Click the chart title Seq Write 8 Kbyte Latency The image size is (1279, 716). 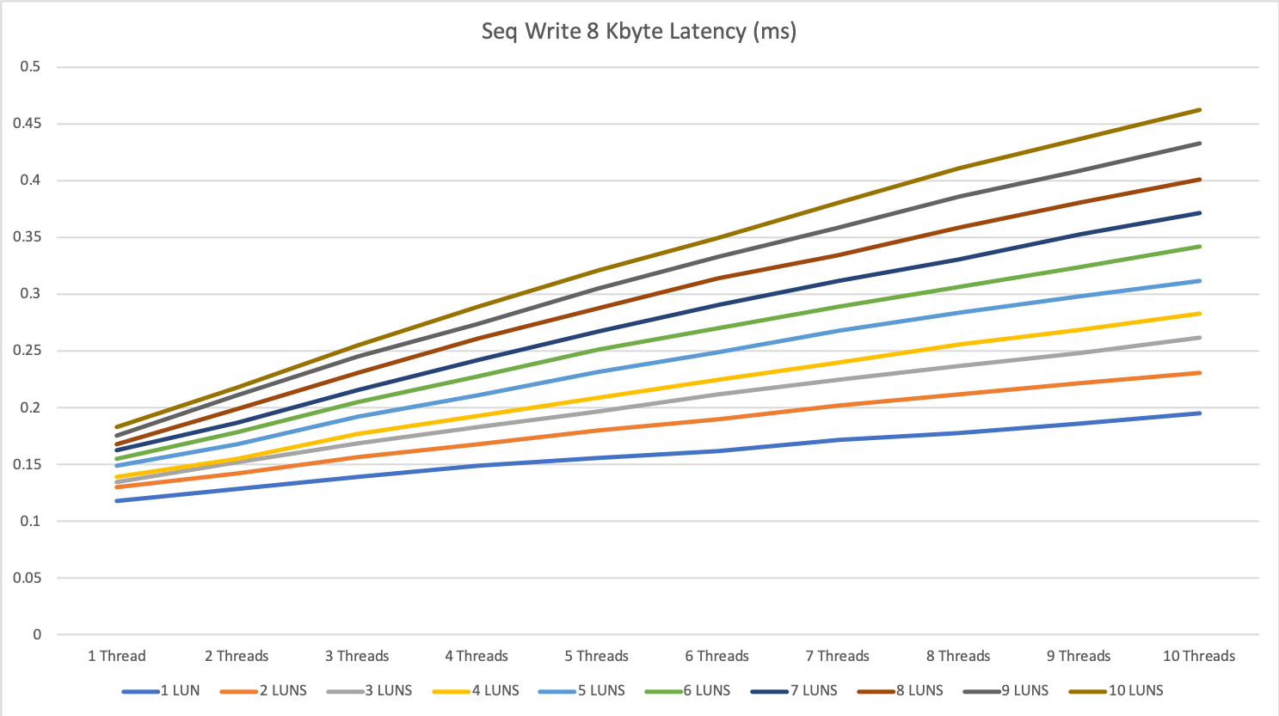tap(638, 32)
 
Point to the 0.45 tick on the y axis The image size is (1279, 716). tap(27, 124)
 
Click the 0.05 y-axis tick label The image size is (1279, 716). tap(27, 578)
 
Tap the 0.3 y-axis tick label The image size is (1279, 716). tap(30, 294)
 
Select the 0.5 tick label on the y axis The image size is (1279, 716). tap(30, 67)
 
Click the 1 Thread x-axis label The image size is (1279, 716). tap(117, 656)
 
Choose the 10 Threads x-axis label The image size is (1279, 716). tap(1199, 656)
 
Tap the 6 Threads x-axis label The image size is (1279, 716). tap(717, 656)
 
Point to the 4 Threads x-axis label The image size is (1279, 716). tap(477, 656)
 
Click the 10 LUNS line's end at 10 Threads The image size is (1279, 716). tap(1200, 110)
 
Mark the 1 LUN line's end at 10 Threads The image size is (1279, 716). tap(1200, 413)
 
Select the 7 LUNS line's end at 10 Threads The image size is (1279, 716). tap(1200, 213)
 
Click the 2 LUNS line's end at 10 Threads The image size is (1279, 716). tap(1200, 373)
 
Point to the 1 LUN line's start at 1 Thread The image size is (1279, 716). tap(116, 500)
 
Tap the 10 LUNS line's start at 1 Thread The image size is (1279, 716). tap(116, 427)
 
